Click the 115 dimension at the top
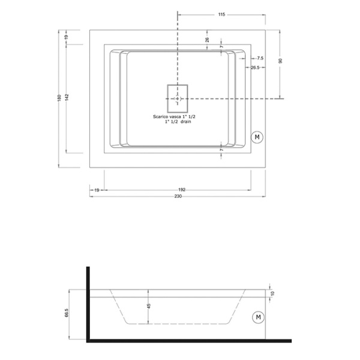coord(221,14)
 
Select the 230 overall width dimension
coord(178,196)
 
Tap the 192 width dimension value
coord(182,190)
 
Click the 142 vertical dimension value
coord(68,96)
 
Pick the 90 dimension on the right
coord(280,61)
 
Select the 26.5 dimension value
coord(254,68)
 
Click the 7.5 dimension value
coord(260,58)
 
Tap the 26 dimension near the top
coord(207,40)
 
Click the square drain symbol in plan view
coord(177,98)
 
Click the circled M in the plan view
coord(257,137)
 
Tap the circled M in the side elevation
coord(258,316)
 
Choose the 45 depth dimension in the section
coord(149,307)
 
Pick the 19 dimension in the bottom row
coord(97,190)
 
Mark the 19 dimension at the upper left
coord(66,37)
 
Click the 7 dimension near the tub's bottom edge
coord(221,149)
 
